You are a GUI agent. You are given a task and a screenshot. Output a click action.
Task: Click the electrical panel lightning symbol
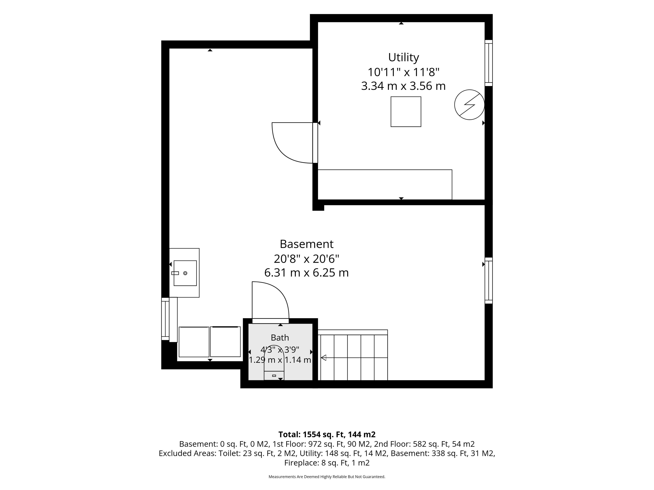[469, 105]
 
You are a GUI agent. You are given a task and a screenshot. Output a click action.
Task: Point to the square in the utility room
[406, 112]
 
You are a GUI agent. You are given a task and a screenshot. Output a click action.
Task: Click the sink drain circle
[185, 273]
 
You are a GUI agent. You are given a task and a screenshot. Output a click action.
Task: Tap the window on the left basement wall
[165, 319]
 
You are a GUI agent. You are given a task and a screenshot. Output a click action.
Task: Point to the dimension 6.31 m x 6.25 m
[307, 273]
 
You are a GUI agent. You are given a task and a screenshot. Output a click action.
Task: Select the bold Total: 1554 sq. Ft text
[312, 435]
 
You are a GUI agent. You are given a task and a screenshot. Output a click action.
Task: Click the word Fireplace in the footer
[302, 463]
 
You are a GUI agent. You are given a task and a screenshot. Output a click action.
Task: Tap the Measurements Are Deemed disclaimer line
[327, 477]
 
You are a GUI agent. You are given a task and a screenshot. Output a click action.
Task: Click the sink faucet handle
[175, 273]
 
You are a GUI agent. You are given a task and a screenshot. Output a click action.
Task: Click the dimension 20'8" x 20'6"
[307, 259]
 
